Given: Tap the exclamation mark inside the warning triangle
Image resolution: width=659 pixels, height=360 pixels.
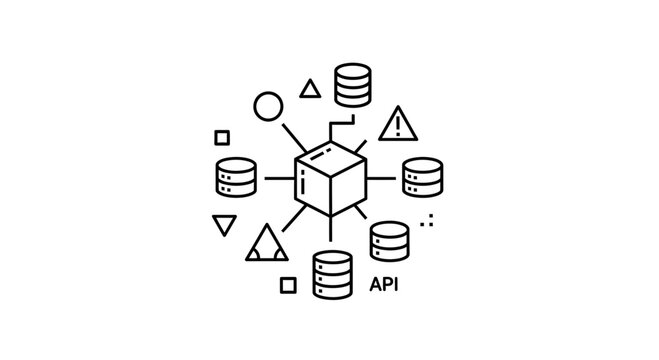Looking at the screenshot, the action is tap(399, 124).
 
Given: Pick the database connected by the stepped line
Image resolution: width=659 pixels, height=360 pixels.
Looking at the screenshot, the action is tap(353, 85).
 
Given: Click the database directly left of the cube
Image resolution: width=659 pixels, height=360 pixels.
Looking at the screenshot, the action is tap(237, 178).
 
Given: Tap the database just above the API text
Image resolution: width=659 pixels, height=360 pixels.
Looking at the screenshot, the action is tap(389, 241).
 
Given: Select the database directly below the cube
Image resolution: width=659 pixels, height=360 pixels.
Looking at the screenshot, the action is tap(332, 274).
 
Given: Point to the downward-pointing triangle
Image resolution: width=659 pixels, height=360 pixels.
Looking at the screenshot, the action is tap(225, 224).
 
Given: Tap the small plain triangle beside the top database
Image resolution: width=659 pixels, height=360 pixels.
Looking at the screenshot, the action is tap(310, 90).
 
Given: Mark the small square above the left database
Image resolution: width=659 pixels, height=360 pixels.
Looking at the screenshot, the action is tap(222, 137).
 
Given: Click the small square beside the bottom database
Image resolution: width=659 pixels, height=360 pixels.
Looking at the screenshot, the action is tap(288, 285).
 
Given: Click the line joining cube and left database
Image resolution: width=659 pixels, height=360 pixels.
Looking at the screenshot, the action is tap(277, 178).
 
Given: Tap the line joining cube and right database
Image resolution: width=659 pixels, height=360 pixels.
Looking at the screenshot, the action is tap(382, 178).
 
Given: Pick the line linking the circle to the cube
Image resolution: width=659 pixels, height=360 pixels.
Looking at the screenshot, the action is tap(293, 136).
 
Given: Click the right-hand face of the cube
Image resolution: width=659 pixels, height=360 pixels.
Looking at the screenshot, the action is tap(348, 188).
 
